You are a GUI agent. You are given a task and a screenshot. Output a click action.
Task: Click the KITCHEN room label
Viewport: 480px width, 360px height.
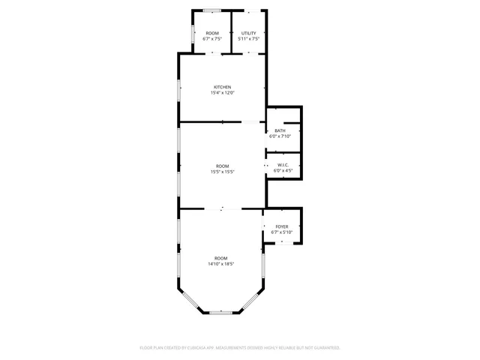click(x=222, y=87)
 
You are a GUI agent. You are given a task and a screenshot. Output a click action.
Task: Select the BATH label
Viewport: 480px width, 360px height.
click(x=280, y=130)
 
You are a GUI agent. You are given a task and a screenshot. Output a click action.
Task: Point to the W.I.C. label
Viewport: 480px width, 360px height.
click(x=283, y=165)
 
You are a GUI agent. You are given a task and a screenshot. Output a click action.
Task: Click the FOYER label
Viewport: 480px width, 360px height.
click(x=282, y=226)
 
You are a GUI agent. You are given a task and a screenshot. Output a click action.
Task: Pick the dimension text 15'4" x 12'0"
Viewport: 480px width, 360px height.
click(x=222, y=93)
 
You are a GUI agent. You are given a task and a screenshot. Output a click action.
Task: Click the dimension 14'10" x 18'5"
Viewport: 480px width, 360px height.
click(x=221, y=264)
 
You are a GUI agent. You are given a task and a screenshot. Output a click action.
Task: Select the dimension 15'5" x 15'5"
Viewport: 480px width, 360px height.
click(x=222, y=172)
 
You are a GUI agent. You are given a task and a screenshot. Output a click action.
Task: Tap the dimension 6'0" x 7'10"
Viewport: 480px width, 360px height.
click(x=280, y=136)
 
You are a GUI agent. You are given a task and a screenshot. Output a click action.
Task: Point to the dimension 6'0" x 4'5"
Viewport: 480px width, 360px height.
click(x=283, y=171)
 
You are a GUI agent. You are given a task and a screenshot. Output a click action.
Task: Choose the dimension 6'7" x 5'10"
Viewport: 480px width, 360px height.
click(x=282, y=232)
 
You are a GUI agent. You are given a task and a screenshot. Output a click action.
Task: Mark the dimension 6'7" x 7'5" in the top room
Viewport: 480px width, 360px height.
click(x=212, y=39)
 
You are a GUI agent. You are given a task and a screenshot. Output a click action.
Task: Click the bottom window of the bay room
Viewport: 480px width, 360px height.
click(x=221, y=312)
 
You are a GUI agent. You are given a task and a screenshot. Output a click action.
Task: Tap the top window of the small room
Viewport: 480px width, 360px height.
click(x=212, y=10)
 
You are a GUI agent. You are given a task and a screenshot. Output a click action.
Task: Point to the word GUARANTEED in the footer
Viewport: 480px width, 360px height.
click(x=324, y=348)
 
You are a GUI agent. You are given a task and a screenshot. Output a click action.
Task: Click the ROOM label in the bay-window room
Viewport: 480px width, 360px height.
click(x=221, y=258)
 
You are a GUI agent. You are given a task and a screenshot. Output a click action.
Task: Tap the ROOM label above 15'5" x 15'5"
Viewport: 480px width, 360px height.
click(x=222, y=166)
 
